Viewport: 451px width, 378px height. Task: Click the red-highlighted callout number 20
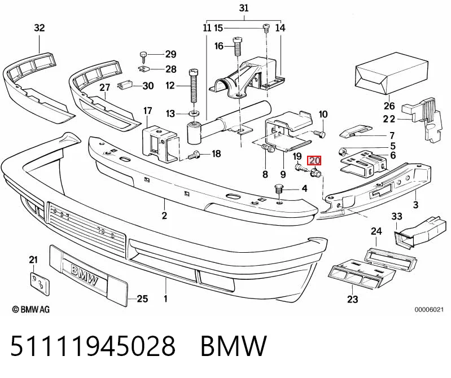(314, 160)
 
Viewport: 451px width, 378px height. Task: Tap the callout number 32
(40, 28)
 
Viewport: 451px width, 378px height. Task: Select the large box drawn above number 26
(392, 73)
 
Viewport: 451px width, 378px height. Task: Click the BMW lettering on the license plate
(84, 275)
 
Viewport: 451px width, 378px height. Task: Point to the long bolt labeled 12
(194, 86)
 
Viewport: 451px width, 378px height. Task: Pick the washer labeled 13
(194, 113)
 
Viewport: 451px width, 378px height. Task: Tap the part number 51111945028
(93, 346)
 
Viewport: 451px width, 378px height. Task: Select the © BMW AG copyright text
(31, 309)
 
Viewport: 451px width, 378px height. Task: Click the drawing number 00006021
(429, 310)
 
